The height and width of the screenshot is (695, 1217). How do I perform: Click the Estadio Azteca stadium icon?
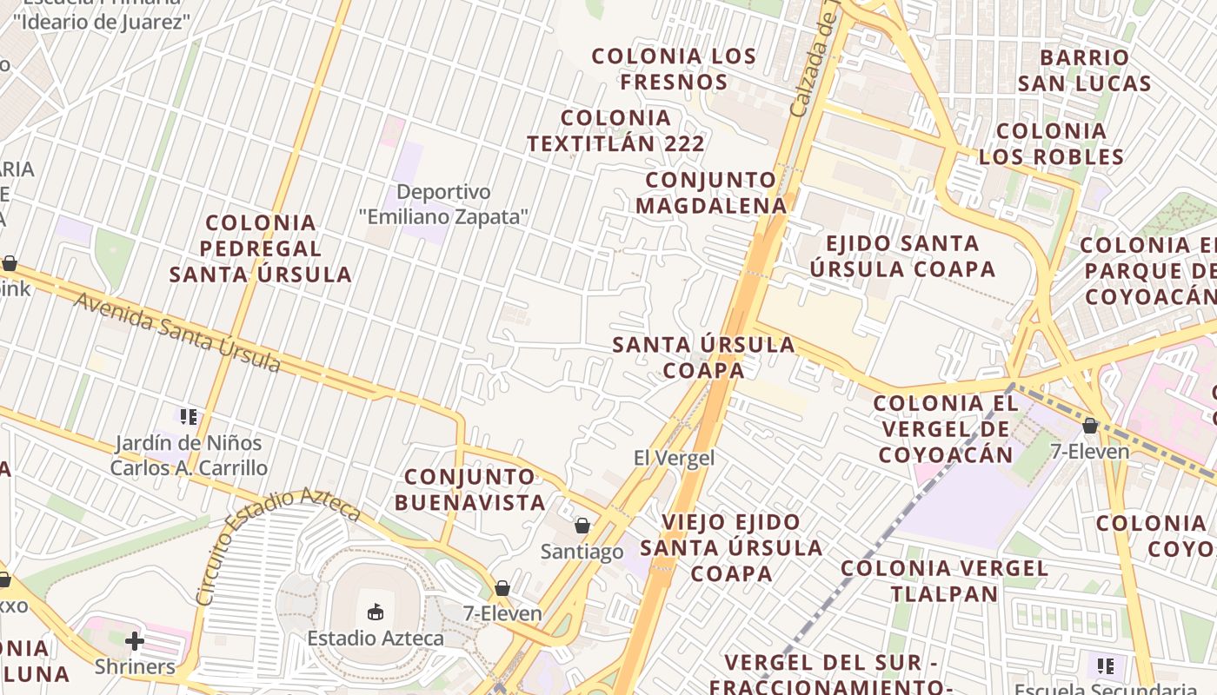376,612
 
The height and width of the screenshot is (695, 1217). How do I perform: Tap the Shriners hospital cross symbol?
135,642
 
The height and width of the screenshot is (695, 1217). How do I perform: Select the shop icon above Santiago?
582,526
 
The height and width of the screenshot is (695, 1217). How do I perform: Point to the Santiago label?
582,552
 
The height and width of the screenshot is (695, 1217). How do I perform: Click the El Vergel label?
674,458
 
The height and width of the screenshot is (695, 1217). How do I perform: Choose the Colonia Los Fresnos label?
674,69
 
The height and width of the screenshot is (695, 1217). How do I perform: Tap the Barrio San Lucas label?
1085,70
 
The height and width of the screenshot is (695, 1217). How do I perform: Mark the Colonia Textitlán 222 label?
615,131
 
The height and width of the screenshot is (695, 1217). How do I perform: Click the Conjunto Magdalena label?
711,193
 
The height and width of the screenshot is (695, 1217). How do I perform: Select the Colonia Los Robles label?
1051,144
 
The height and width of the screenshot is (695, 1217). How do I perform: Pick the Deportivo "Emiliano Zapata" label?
443,204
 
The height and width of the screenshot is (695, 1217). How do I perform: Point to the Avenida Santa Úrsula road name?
177,333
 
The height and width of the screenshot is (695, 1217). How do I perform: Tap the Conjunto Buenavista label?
470,489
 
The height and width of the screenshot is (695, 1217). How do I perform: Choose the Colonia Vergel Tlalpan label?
944,581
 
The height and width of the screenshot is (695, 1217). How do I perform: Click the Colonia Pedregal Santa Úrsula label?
261,249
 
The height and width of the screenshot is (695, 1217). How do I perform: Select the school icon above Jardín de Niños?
189,417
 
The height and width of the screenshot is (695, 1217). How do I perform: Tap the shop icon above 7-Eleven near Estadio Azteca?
502,588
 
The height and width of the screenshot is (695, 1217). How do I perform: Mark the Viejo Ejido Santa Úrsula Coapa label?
731,547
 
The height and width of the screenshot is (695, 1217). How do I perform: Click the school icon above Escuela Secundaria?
1106,666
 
